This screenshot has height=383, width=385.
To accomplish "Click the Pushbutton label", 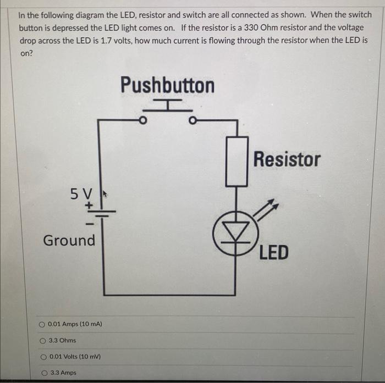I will tap(167, 86).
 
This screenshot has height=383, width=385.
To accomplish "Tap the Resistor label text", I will tap(287, 159).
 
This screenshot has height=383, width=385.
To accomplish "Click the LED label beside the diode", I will tap(273, 253).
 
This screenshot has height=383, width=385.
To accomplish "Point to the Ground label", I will tap(69, 240).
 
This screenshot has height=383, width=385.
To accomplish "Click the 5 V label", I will tap(82, 193).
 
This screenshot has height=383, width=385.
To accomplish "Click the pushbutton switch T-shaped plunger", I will tap(166, 105).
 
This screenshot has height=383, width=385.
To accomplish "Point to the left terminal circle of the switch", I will tap(142, 120).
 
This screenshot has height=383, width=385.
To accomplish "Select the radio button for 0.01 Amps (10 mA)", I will tap(42, 324).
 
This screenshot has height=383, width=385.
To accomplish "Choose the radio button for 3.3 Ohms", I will tap(42, 340).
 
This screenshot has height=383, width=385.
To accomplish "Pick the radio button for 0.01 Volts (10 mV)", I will tap(42, 357).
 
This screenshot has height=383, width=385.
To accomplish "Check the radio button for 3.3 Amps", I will tap(42, 373).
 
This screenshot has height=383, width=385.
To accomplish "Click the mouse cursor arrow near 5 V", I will tap(102, 194).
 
